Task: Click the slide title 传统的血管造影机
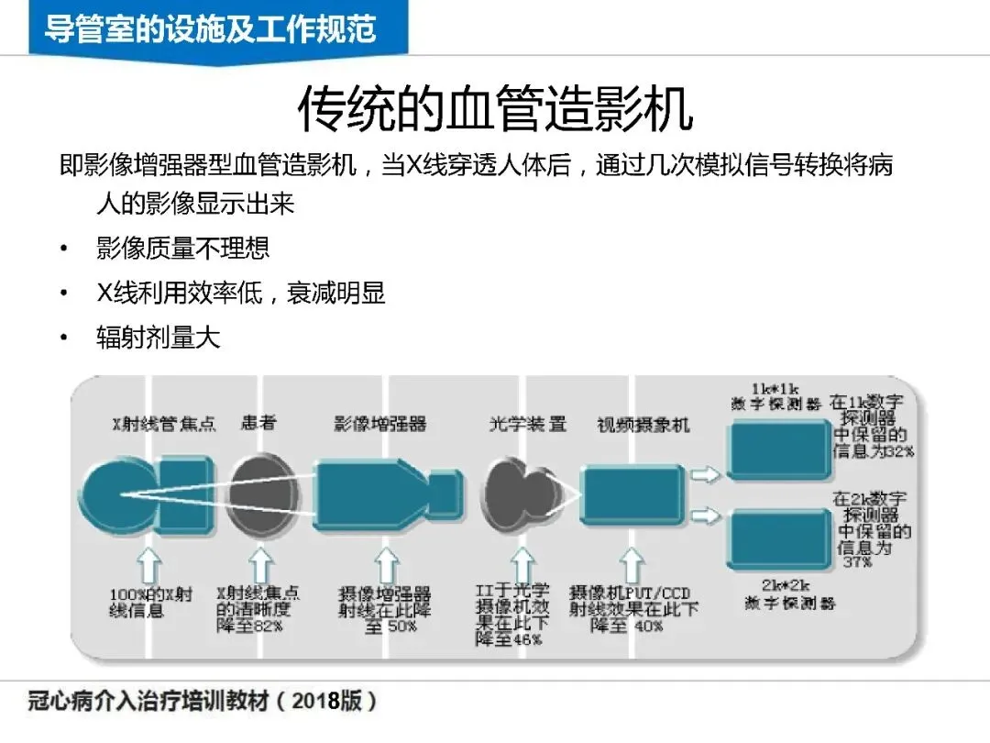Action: pos(494,111)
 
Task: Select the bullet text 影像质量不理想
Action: pos(182,248)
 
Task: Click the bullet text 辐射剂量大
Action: pos(158,337)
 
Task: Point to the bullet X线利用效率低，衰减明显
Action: pos(240,293)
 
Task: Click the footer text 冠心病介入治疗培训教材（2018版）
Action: pos(201,702)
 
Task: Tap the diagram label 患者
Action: pos(258,424)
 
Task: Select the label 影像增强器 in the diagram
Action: pos(379,424)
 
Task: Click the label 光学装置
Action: pos(527,424)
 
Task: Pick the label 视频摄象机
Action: pos(643,425)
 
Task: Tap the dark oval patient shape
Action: pos(263,494)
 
